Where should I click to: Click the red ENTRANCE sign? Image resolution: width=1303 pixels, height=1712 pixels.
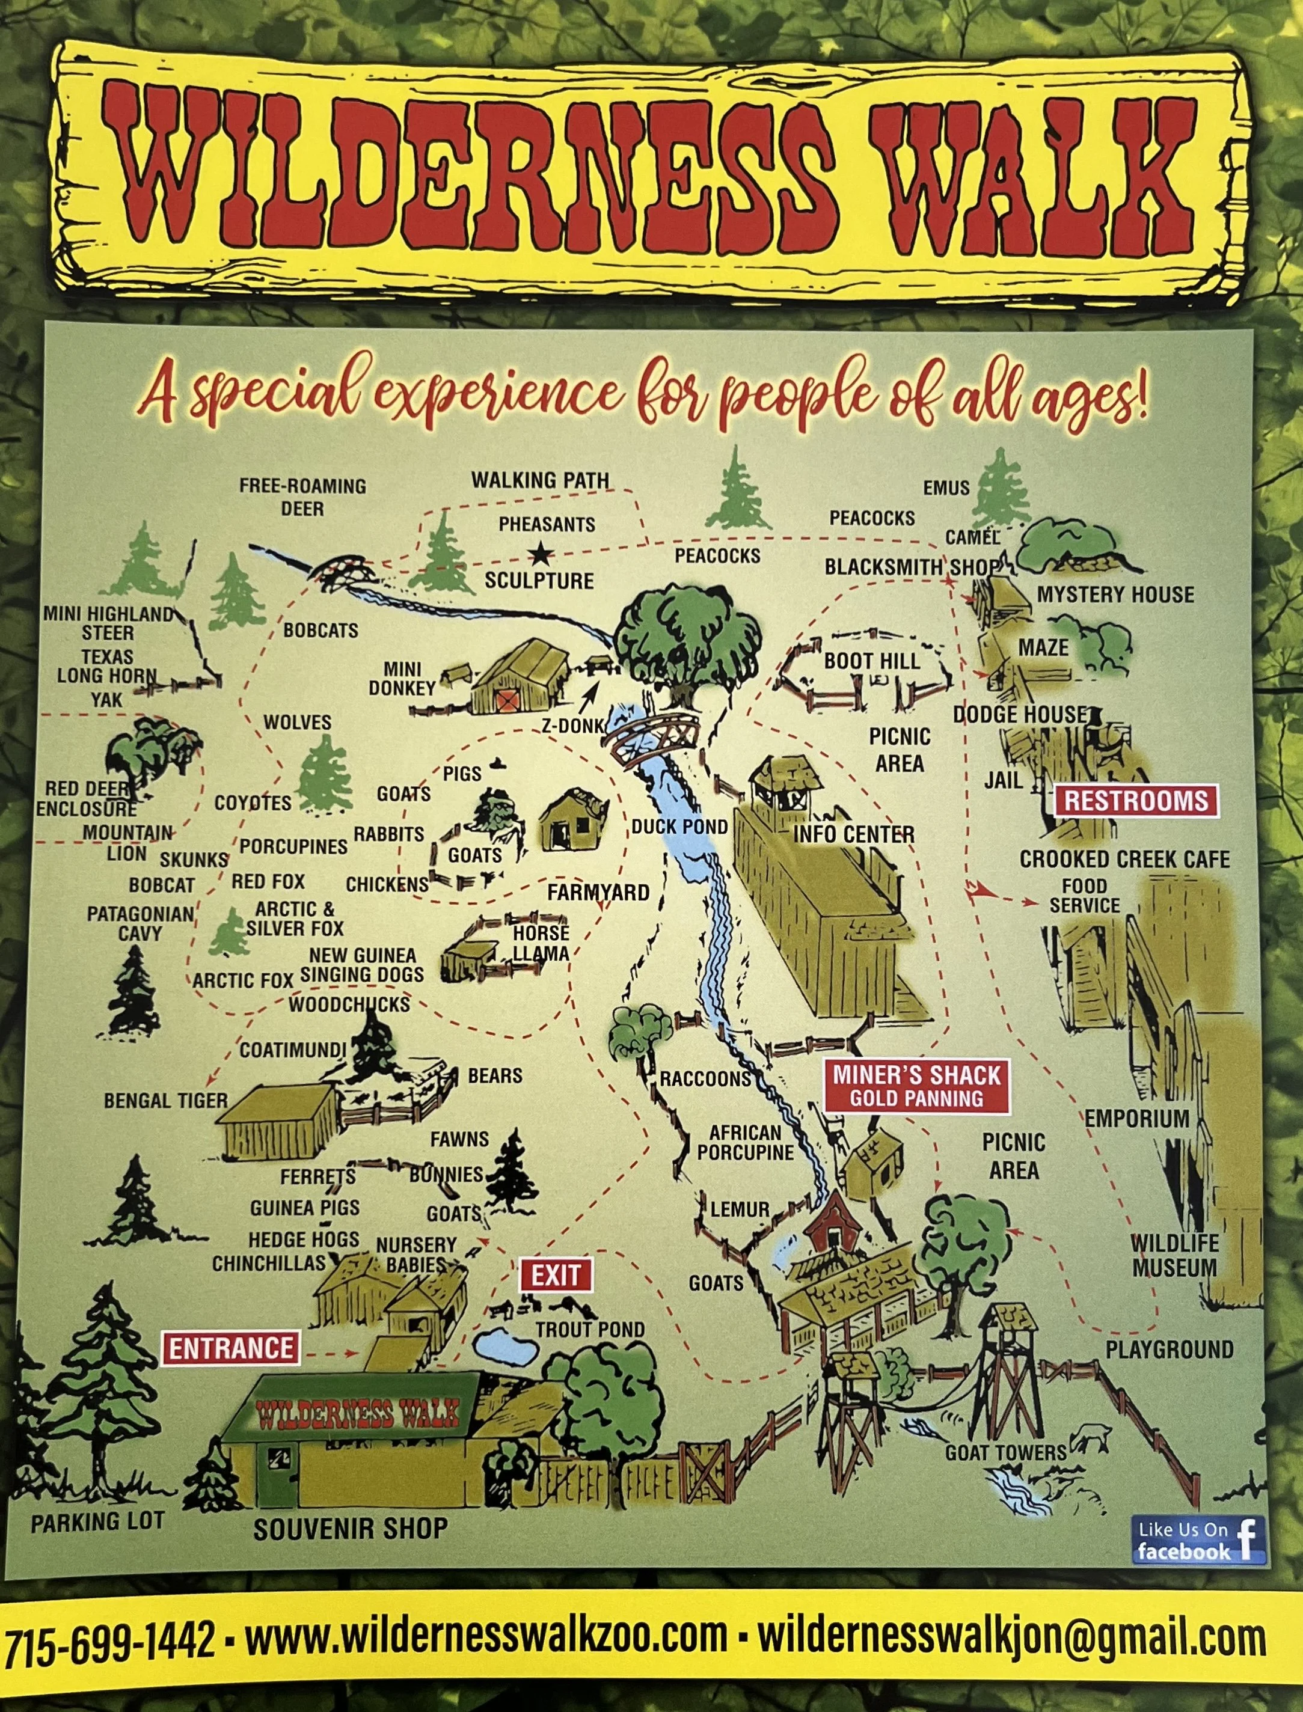pyautogui.click(x=231, y=1348)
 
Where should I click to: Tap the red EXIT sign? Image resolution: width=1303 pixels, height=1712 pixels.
pyautogui.click(x=556, y=1275)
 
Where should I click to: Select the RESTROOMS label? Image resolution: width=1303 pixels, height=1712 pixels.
pyautogui.click(x=1135, y=801)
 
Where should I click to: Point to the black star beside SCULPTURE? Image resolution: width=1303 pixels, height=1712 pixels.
pyautogui.click(x=540, y=554)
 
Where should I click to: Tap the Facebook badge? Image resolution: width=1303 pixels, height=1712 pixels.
pyautogui.click(x=1198, y=1540)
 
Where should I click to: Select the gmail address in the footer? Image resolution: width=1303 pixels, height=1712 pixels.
pyautogui.click(x=1011, y=1638)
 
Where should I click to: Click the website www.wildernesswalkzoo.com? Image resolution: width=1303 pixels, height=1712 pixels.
pyautogui.click(x=486, y=1638)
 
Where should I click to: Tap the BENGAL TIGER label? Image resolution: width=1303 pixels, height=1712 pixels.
pyautogui.click(x=166, y=1100)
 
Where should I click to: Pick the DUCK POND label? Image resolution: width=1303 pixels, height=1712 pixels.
pyautogui.click(x=679, y=827)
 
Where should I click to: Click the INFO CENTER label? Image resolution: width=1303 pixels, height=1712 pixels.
pyautogui.click(x=854, y=834)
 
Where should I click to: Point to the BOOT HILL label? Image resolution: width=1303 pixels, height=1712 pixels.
pyautogui.click(x=871, y=661)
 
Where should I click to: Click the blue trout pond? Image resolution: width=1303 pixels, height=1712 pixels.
pyautogui.click(x=505, y=1346)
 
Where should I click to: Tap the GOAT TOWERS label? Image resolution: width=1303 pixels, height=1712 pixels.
pyautogui.click(x=1006, y=1452)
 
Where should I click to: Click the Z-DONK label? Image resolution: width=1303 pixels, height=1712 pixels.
pyautogui.click(x=572, y=726)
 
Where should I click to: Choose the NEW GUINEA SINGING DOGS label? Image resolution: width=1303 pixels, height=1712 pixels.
pyautogui.click(x=362, y=965)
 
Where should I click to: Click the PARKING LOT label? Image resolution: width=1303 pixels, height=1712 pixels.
pyautogui.click(x=98, y=1521)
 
